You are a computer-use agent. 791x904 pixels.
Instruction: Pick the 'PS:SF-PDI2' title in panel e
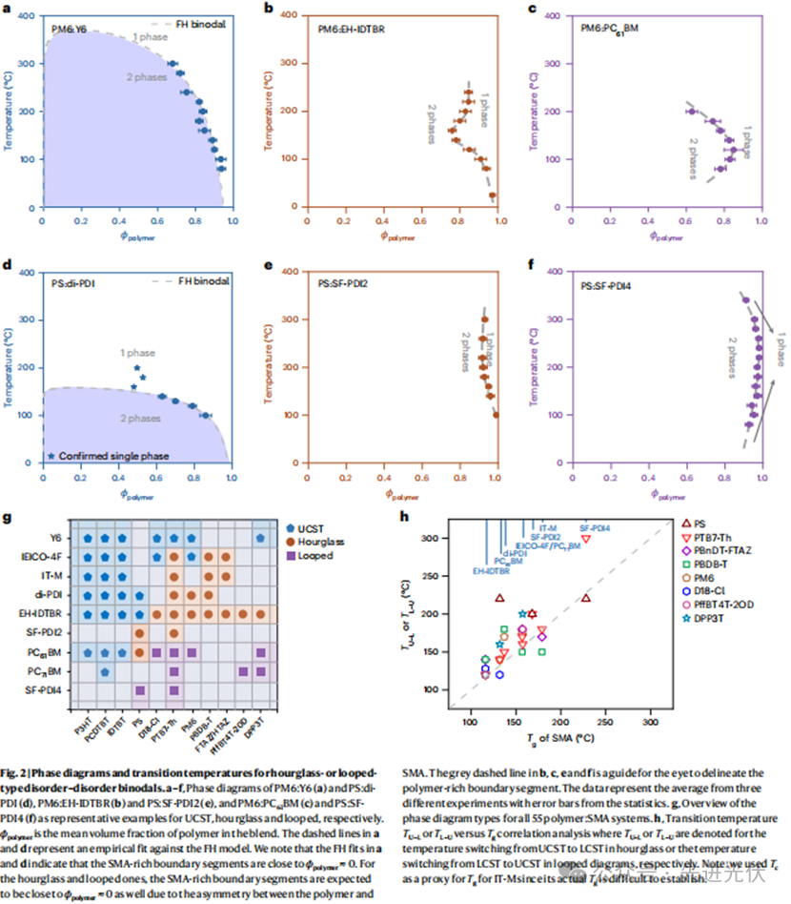344,284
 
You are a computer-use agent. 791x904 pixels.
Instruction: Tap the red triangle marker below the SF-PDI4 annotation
586,539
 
